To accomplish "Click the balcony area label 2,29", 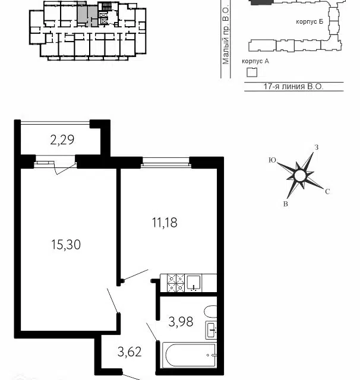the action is point(62,140).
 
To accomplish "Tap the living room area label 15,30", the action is point(66,245).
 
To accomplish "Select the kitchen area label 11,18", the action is point(165,223).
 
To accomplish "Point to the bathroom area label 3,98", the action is point(181,322).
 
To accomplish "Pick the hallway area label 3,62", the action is point(130,352).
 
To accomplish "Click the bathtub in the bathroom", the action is point(189,355).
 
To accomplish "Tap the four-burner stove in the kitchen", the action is point(176,283).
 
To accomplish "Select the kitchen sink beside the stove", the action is point(194,283).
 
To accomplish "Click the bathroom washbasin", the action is point(211,330).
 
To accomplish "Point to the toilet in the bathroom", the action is point(210,312).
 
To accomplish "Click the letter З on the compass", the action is point(317,147).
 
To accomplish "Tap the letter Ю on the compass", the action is point(273,160).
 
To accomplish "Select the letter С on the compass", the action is point(327,191).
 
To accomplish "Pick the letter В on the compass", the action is point(286,204).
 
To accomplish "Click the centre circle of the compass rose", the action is point(300,176).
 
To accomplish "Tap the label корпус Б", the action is point(310,21).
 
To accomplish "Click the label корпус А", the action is point(255,61).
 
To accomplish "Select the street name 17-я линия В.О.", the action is point(293,87).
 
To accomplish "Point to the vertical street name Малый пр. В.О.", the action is point(226,34).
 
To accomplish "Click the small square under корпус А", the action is point(252,72).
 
